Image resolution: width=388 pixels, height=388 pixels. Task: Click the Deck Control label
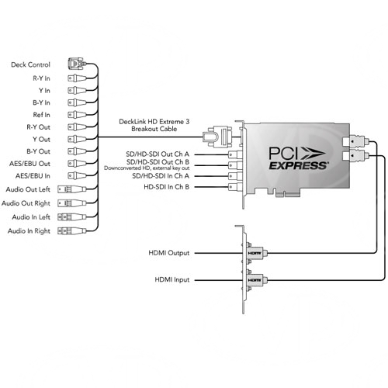coord(30,64)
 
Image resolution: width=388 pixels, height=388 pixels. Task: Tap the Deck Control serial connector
coord(77,64)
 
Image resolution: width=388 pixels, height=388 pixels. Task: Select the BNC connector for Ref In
coord(77,115)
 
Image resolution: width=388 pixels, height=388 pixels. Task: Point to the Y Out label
coord(41,140)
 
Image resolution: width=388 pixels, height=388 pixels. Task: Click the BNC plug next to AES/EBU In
coord(77,175)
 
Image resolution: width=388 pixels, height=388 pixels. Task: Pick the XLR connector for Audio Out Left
coord(71,189)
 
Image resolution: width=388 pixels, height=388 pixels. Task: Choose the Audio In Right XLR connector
coord(71,230)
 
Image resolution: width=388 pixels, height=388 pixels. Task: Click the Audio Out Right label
coord(26,203)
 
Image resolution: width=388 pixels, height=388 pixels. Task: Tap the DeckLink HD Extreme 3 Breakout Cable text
coord(154,125)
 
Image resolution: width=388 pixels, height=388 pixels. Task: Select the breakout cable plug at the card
coord(217,137)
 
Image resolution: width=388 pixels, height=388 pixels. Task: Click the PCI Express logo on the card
coord(298,158)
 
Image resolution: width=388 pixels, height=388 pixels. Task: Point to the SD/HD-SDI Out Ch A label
coord(158,154)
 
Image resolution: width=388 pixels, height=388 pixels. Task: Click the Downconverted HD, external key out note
coord(147,168)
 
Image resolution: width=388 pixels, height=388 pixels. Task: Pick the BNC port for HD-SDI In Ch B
coord(235,187)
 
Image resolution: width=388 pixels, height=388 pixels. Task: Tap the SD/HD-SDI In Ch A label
coord(161,176)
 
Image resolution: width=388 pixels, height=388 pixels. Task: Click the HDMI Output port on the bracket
coord(255,253)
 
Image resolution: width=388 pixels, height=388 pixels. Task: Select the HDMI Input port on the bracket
coord(255,280)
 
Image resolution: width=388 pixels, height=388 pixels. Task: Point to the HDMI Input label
coord(172,279)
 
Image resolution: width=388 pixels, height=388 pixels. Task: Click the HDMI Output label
coord(169,253)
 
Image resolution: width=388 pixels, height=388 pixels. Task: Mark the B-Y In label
coord(41,102)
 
